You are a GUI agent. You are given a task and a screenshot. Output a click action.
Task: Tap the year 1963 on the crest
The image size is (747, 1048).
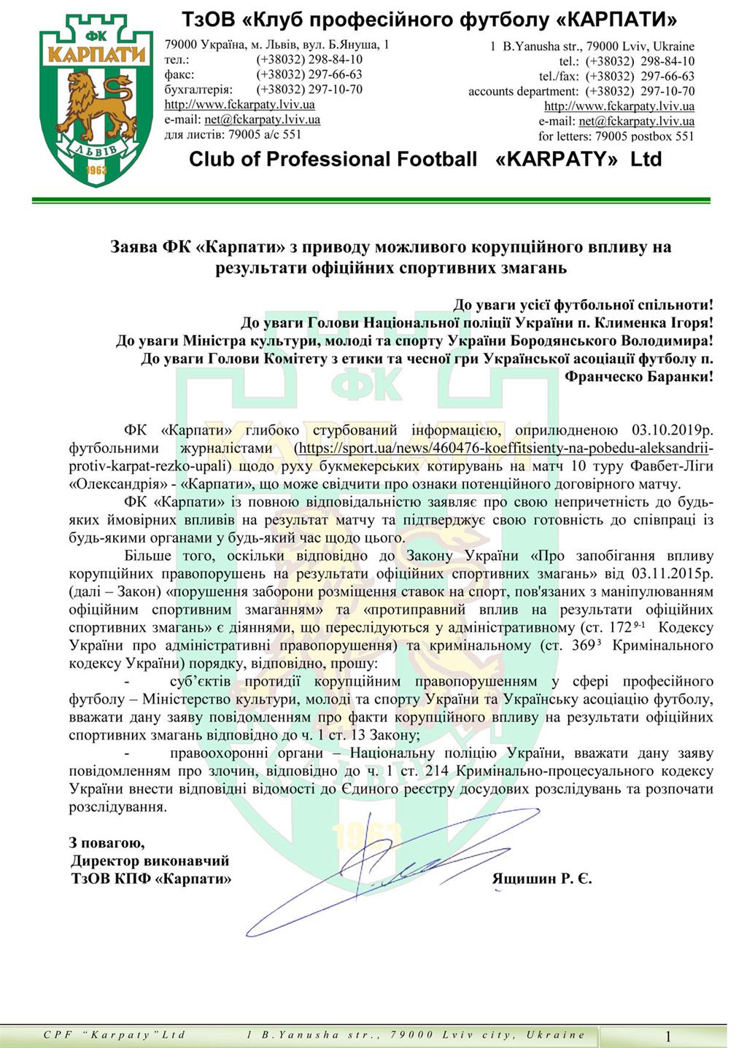click(x=96, y=170)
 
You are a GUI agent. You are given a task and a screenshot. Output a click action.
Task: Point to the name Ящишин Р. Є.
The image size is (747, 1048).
click(x=541, y=879)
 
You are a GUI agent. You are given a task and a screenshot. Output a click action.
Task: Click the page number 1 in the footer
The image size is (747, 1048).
click(x=667, y=1036)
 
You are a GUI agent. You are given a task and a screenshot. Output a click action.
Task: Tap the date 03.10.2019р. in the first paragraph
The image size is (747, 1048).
click(x=666, y=430)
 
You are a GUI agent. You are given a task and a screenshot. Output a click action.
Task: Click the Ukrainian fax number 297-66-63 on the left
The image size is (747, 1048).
click(x=309, y=74)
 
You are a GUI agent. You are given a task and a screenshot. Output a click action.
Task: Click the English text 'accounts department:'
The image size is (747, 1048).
click(x=523, y=91)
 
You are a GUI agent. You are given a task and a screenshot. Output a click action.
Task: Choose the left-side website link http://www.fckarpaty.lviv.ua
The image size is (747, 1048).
click(x=239, y=105)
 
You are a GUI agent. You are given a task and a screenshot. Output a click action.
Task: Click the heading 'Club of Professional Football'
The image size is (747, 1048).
click(x=333, y=159)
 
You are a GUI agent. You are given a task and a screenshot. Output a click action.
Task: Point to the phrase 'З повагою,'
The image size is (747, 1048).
click(x=107, y=843)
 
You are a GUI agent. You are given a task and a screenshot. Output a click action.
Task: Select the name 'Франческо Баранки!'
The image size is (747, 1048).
click(x=639, y=376)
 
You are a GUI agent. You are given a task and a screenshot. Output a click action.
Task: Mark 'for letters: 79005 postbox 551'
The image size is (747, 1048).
click(x=616, y=136)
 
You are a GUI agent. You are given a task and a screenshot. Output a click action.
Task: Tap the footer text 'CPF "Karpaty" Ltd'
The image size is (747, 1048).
click(x=115, y=1035)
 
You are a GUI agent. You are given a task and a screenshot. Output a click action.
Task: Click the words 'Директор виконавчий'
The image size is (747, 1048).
click(x=150, y=861)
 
